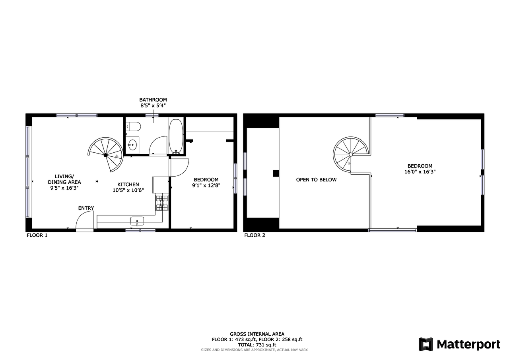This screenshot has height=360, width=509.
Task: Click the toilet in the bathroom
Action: tap(133, 126)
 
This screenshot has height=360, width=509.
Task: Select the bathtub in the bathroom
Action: tap(176, 136)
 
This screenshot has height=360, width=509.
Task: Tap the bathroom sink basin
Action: tap(132, 144)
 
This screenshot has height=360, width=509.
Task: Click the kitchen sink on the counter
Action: tap(137, 221)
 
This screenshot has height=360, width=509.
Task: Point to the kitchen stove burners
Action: tap(162, 202)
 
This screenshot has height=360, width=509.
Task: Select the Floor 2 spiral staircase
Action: tap(351, 155)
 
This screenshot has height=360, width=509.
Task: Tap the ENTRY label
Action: tap(86, 208)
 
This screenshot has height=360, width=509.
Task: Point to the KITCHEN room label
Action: tap(128, 184)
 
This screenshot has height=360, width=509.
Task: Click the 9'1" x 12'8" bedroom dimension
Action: tap(206, 185)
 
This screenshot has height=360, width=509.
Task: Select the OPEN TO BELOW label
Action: tap(316, 179)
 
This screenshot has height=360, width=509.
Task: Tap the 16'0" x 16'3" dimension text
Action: tap(420, 172)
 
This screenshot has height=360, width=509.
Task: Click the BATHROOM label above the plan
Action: tap(153, 99)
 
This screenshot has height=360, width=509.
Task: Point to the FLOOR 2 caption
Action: tap(255, 235)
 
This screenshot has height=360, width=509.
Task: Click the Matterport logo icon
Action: tap(426, 344)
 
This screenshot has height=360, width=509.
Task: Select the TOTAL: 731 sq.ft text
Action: tap(257, 345)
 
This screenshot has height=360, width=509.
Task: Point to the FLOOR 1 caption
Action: tap(37, 235)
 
